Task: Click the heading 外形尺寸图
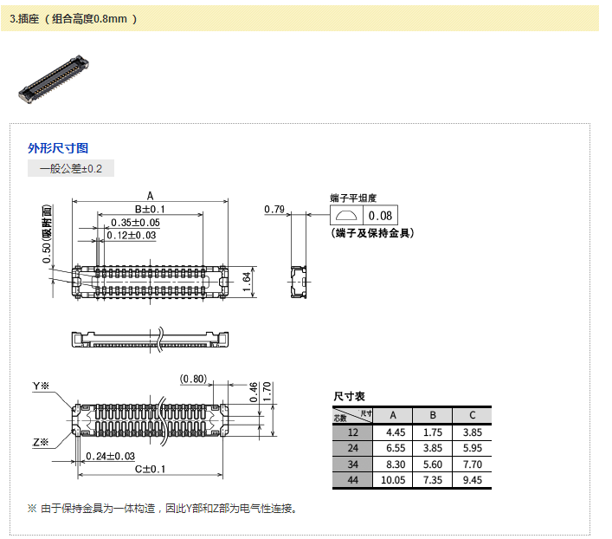click(58, 148)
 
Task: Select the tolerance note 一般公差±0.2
click(71, 168)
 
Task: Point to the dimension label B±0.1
click(149, 209)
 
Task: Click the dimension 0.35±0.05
click(135, 223)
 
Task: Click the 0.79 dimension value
click(274, 209)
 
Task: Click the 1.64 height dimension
click(246, 279)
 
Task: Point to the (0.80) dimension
click(193, 378)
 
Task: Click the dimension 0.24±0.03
click(110, 456)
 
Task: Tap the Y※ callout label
click(41, 386)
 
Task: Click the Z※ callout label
click(41, 442)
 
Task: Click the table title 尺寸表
click(349, 396)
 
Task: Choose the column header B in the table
click(434, 415)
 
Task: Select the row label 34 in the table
click(352, 464)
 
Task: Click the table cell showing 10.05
click(395, 480)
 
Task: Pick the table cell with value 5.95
click(472, 448)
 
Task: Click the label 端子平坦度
click(353, 198)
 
